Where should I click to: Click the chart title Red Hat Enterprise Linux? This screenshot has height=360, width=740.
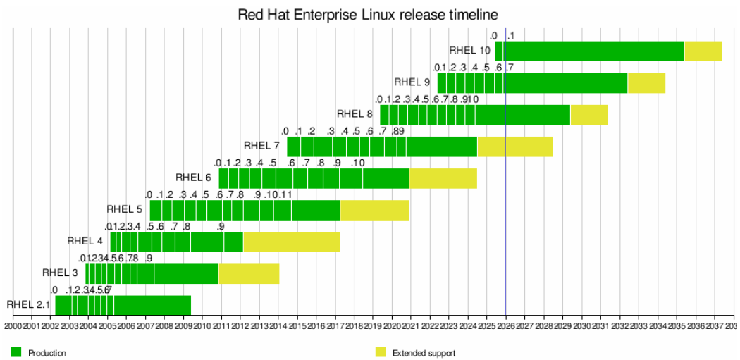point(368,14)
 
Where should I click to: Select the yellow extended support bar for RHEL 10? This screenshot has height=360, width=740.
point(703,51)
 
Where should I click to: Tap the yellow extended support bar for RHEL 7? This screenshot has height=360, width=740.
point(514,147)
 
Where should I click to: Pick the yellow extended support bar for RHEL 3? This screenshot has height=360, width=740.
point(248,273)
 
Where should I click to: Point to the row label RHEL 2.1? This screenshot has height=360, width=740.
point(29,305)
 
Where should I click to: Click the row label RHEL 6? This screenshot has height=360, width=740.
point(193,178)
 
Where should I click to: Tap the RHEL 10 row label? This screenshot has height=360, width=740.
point(469,51)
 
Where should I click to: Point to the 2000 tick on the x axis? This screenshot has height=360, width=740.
point(13,325)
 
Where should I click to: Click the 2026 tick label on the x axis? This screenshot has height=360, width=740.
point(505,325)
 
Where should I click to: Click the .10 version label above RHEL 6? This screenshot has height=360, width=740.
point(357,163)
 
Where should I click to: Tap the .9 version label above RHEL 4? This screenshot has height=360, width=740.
point(221,227)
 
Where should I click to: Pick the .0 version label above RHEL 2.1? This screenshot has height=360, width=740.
point(54,290)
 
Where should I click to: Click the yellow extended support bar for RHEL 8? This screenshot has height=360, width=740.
point(588,114)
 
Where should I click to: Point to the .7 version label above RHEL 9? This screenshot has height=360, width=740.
point(510,68)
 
